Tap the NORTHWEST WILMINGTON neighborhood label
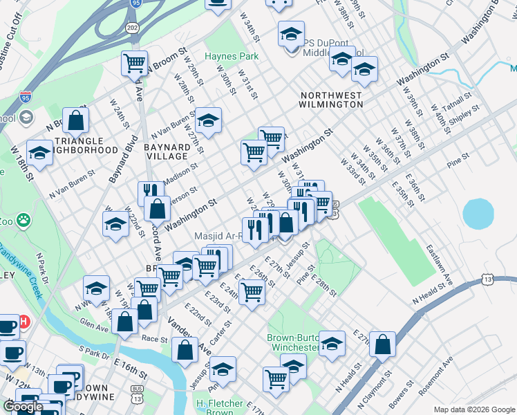point(331,100)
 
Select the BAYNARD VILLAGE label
point(167,152)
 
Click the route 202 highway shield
point(131,27)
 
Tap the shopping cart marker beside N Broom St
point(135,63)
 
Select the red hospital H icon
point(24,322)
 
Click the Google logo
point(23,407)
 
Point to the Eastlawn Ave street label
point(438,260)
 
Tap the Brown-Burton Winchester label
point(293,342)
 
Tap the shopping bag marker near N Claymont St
point(382,344)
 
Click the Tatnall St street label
point(457,101)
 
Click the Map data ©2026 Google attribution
point(473,409)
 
